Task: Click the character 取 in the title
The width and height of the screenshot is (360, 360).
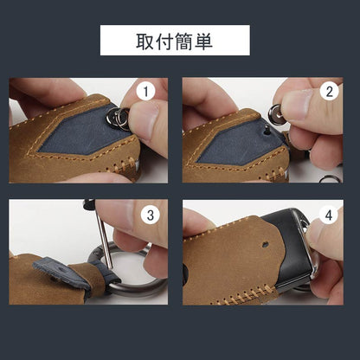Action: click(145, 42)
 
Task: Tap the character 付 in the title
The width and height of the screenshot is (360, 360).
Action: click(164, 42)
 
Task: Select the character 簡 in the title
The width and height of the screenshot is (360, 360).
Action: click(184, 42)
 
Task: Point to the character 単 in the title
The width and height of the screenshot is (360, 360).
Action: click(203, 42)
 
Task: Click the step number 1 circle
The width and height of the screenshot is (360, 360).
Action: click(145, 92)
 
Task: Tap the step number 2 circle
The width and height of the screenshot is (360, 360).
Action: click(329, 91)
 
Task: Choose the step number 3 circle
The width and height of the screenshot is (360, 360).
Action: click(151, 215)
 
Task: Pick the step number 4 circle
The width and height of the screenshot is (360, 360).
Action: click(329, 215)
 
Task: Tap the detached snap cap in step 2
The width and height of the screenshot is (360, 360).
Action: click(277, 114)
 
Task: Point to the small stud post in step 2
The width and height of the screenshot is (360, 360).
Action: click(267, 132)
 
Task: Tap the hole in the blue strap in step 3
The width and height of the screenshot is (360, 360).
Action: click(61, 270)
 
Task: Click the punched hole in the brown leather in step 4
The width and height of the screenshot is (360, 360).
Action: click(265, 245)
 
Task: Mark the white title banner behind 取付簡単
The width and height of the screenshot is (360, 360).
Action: click(175, 40)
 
